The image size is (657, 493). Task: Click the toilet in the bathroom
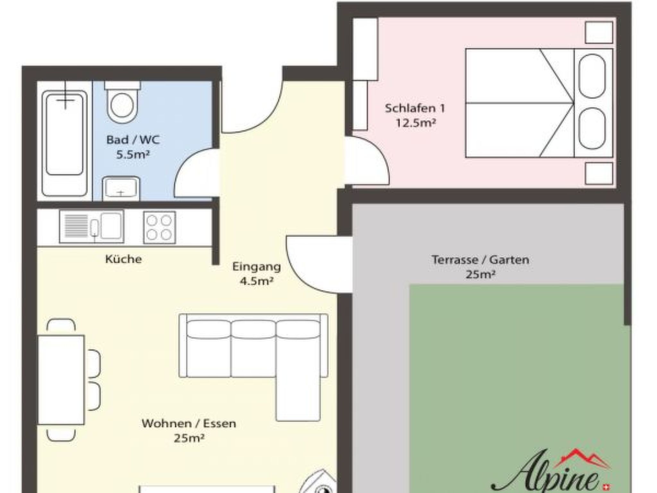tap(122, 103)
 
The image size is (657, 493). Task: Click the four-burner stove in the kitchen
tap(159, 227)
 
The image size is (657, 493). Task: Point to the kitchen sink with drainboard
tap(91, 226)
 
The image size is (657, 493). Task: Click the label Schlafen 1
tap(415, 108)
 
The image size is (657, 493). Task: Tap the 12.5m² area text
tap(415, 123)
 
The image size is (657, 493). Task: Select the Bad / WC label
tap(133, 140)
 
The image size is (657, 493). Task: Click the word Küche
tap(124, 259)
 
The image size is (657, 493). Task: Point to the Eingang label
tap(256, 267)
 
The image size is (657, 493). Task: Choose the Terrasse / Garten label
tap(480, 260)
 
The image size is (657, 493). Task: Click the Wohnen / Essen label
tap(189, 424)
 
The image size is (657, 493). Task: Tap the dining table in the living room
tap(61, 380)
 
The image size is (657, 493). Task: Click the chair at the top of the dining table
tap(61, 325)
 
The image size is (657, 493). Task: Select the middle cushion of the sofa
tap(253, 348)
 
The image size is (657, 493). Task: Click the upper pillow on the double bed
tap(592, 76)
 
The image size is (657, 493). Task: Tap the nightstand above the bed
tap(599, 32)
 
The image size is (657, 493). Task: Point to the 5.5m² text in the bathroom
tap(133, 155)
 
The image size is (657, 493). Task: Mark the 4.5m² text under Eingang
tap(256, 281)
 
